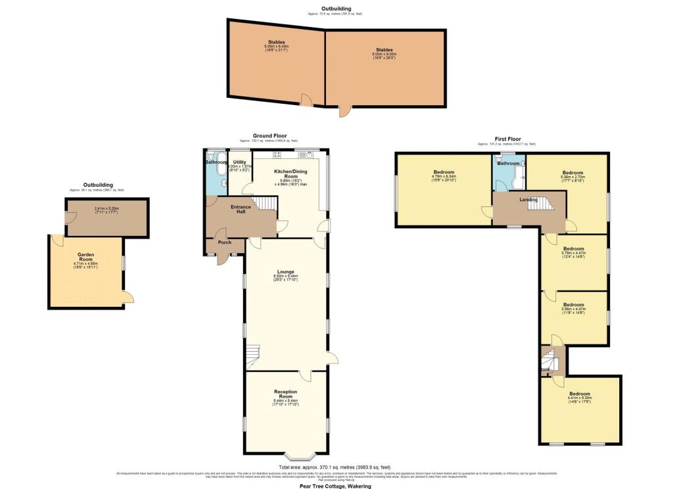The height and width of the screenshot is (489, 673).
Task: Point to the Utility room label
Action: (x=239, y=162)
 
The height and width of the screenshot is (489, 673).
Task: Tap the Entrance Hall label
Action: (x=240, y=209)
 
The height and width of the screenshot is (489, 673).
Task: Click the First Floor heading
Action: (x=507, y=139)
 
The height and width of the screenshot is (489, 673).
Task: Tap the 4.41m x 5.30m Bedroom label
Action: (x=579, y=394)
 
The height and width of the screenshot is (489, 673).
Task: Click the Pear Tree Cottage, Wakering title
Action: (x=336, y=486)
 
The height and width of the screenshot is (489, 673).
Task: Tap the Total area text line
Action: (x=336, y=467)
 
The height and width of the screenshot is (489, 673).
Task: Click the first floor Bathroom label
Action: (x=509, y=163)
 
